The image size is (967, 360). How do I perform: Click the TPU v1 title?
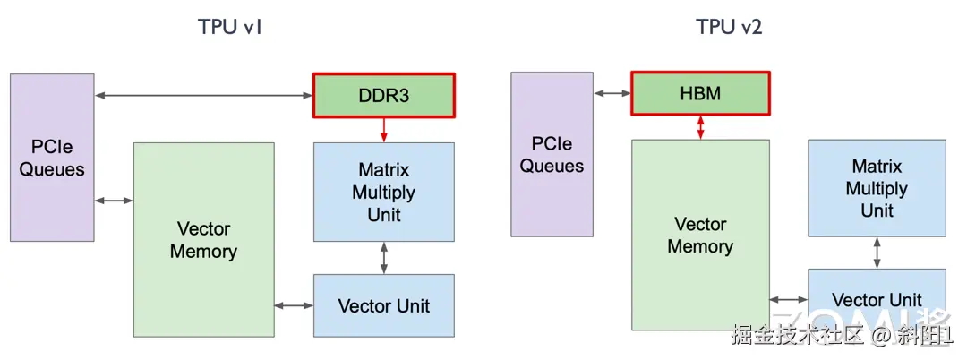pos(229,27)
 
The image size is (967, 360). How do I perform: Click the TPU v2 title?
pos(729,27)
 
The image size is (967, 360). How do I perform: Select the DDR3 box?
pos(383,95)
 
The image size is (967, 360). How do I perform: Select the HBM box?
pos(700,93)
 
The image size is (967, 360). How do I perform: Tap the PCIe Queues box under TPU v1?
pos(52,158)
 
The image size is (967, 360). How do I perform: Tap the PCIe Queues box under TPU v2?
pos(552,154)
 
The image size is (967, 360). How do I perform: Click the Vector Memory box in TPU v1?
pos(203,240)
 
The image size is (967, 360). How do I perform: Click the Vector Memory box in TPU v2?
pos(700,235)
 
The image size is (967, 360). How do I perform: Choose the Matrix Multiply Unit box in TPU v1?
pos(383,192)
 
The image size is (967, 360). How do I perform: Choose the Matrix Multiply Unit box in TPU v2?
pos(877,188)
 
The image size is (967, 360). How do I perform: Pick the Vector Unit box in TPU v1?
pos(383,305)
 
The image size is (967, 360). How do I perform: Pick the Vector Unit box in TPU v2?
pos(877,300)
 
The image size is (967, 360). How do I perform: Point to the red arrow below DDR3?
pos(383,129)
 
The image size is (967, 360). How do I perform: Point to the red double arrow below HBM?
pos(700,127)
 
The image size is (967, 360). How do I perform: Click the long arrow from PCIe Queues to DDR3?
pos(203,95)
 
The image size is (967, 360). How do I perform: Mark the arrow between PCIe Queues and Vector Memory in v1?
pos(114,201)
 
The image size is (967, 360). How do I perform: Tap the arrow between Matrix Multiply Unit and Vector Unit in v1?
pos(383,258)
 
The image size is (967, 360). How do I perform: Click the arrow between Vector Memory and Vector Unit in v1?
pos(294,305)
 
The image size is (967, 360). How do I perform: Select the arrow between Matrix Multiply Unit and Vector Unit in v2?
pos(877,253)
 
